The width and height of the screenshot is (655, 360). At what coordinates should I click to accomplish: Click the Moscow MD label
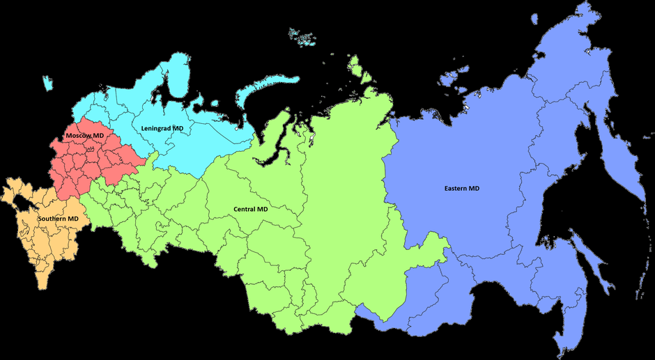[84, 134]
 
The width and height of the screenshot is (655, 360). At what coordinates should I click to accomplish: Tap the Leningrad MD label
[166, 129]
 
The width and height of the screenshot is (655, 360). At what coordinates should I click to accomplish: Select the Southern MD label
[58, 219]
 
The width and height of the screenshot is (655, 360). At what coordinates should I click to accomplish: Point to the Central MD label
[250, 209]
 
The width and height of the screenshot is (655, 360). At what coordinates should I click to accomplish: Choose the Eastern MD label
[462, 189]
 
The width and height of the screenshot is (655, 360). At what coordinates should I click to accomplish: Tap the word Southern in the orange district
[52, 219]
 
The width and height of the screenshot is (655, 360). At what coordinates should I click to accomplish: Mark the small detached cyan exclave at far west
[47, 83]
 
